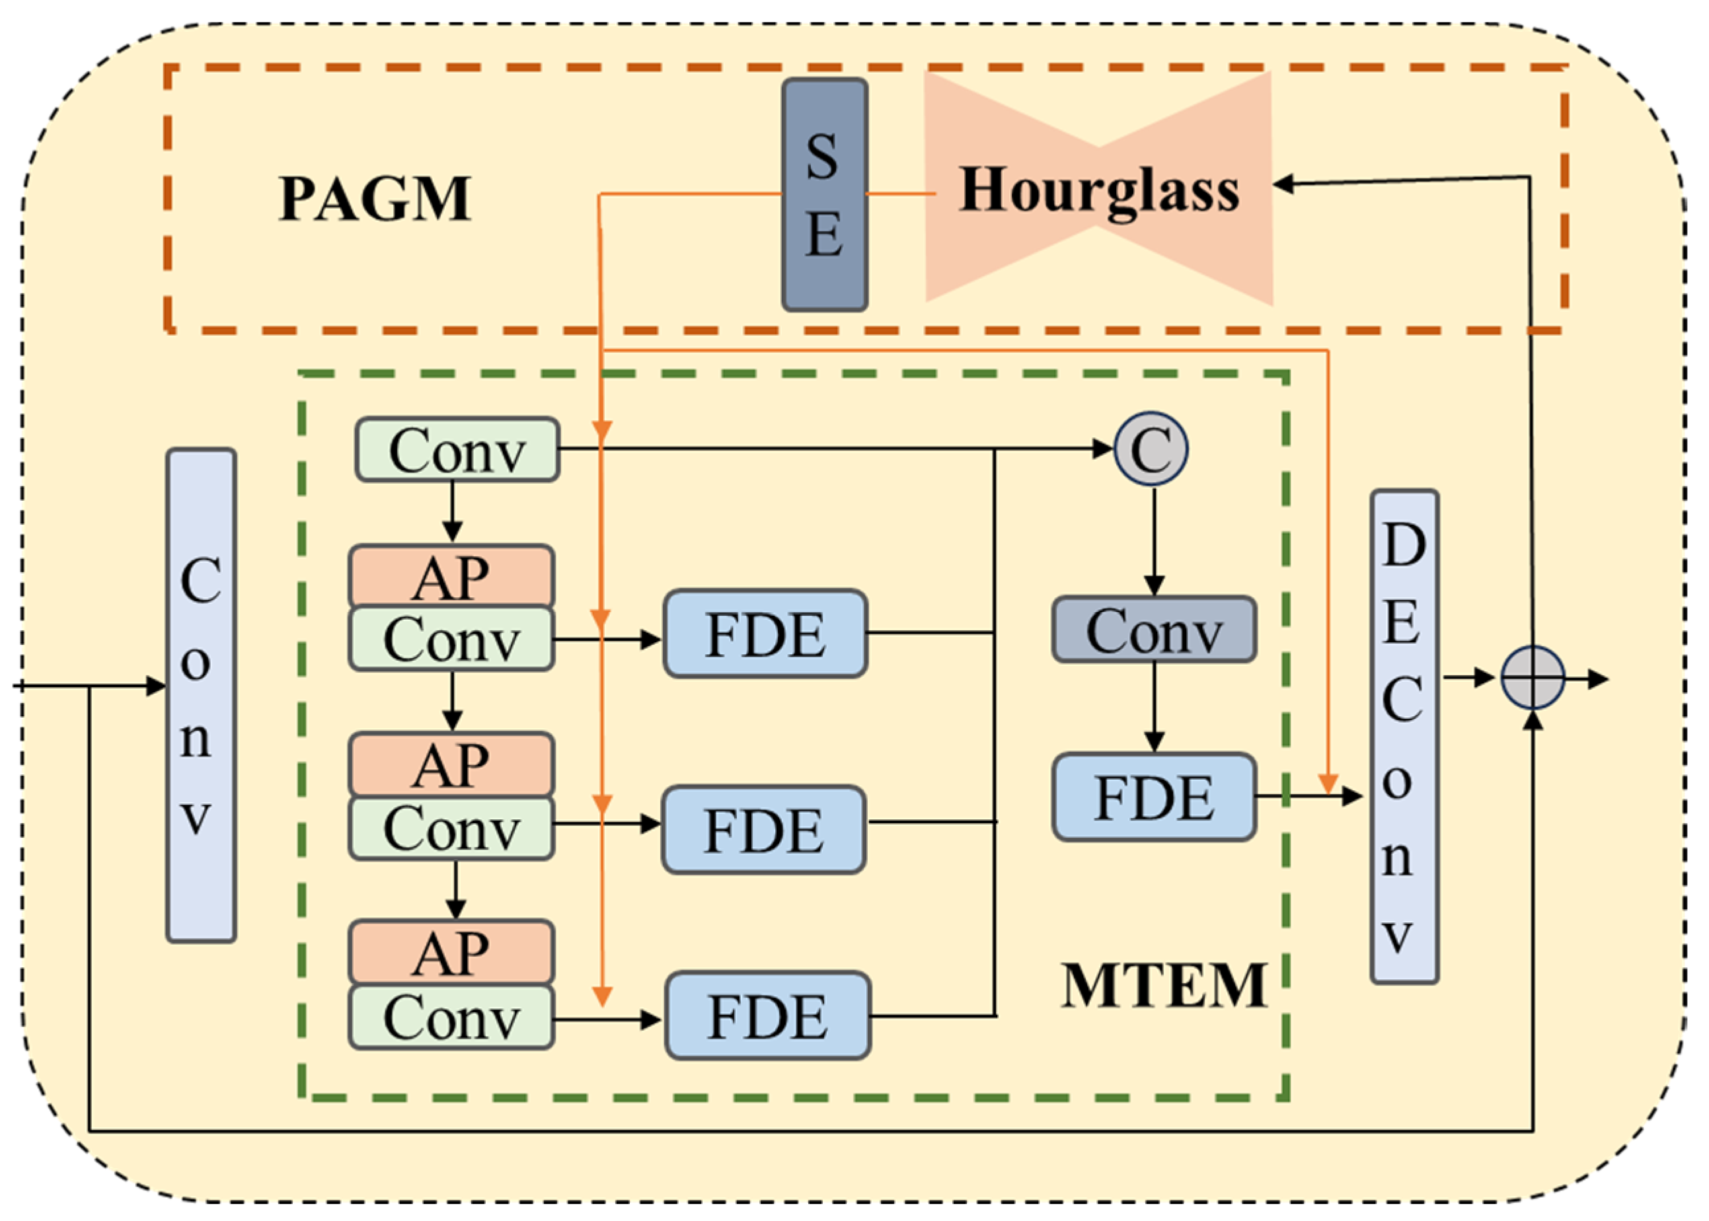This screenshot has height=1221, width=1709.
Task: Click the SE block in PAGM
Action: coord(824,195)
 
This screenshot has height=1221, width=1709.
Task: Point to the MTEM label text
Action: coord(1164,985)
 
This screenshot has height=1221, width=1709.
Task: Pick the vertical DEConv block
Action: coord(1404,737)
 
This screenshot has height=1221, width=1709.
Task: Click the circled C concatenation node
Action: coord(1151,449)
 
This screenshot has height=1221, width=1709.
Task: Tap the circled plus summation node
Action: coord(1533,677)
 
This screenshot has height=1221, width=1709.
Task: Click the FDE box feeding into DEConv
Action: coord(1153,796)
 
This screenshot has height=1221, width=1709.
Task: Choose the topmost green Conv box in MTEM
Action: coord(457,449)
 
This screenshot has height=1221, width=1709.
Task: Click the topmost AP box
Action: coord(451,576)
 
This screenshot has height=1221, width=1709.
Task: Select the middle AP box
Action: coord(451,764)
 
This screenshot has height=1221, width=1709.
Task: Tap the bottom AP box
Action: coord(451,952)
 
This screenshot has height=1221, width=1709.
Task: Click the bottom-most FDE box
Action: coord(767,1016)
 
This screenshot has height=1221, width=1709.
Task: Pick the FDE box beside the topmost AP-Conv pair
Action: coord(765,634)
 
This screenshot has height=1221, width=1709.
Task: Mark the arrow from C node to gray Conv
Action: coord(1154,541)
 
